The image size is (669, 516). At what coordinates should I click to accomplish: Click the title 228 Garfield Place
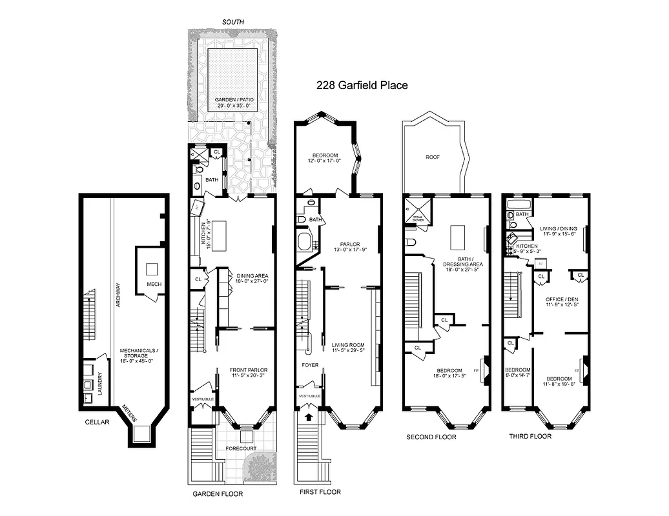pos(362,84)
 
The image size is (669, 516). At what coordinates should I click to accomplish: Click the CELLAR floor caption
pos(97,422)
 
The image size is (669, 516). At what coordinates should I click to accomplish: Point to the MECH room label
pos(153,283)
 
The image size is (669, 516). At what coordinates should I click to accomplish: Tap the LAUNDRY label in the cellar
pos(99,383)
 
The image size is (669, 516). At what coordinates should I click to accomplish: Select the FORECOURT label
pos(240,448)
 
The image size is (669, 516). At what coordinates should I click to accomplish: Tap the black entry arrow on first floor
pos(307,417)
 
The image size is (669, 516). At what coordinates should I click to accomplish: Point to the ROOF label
pos(432,156)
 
